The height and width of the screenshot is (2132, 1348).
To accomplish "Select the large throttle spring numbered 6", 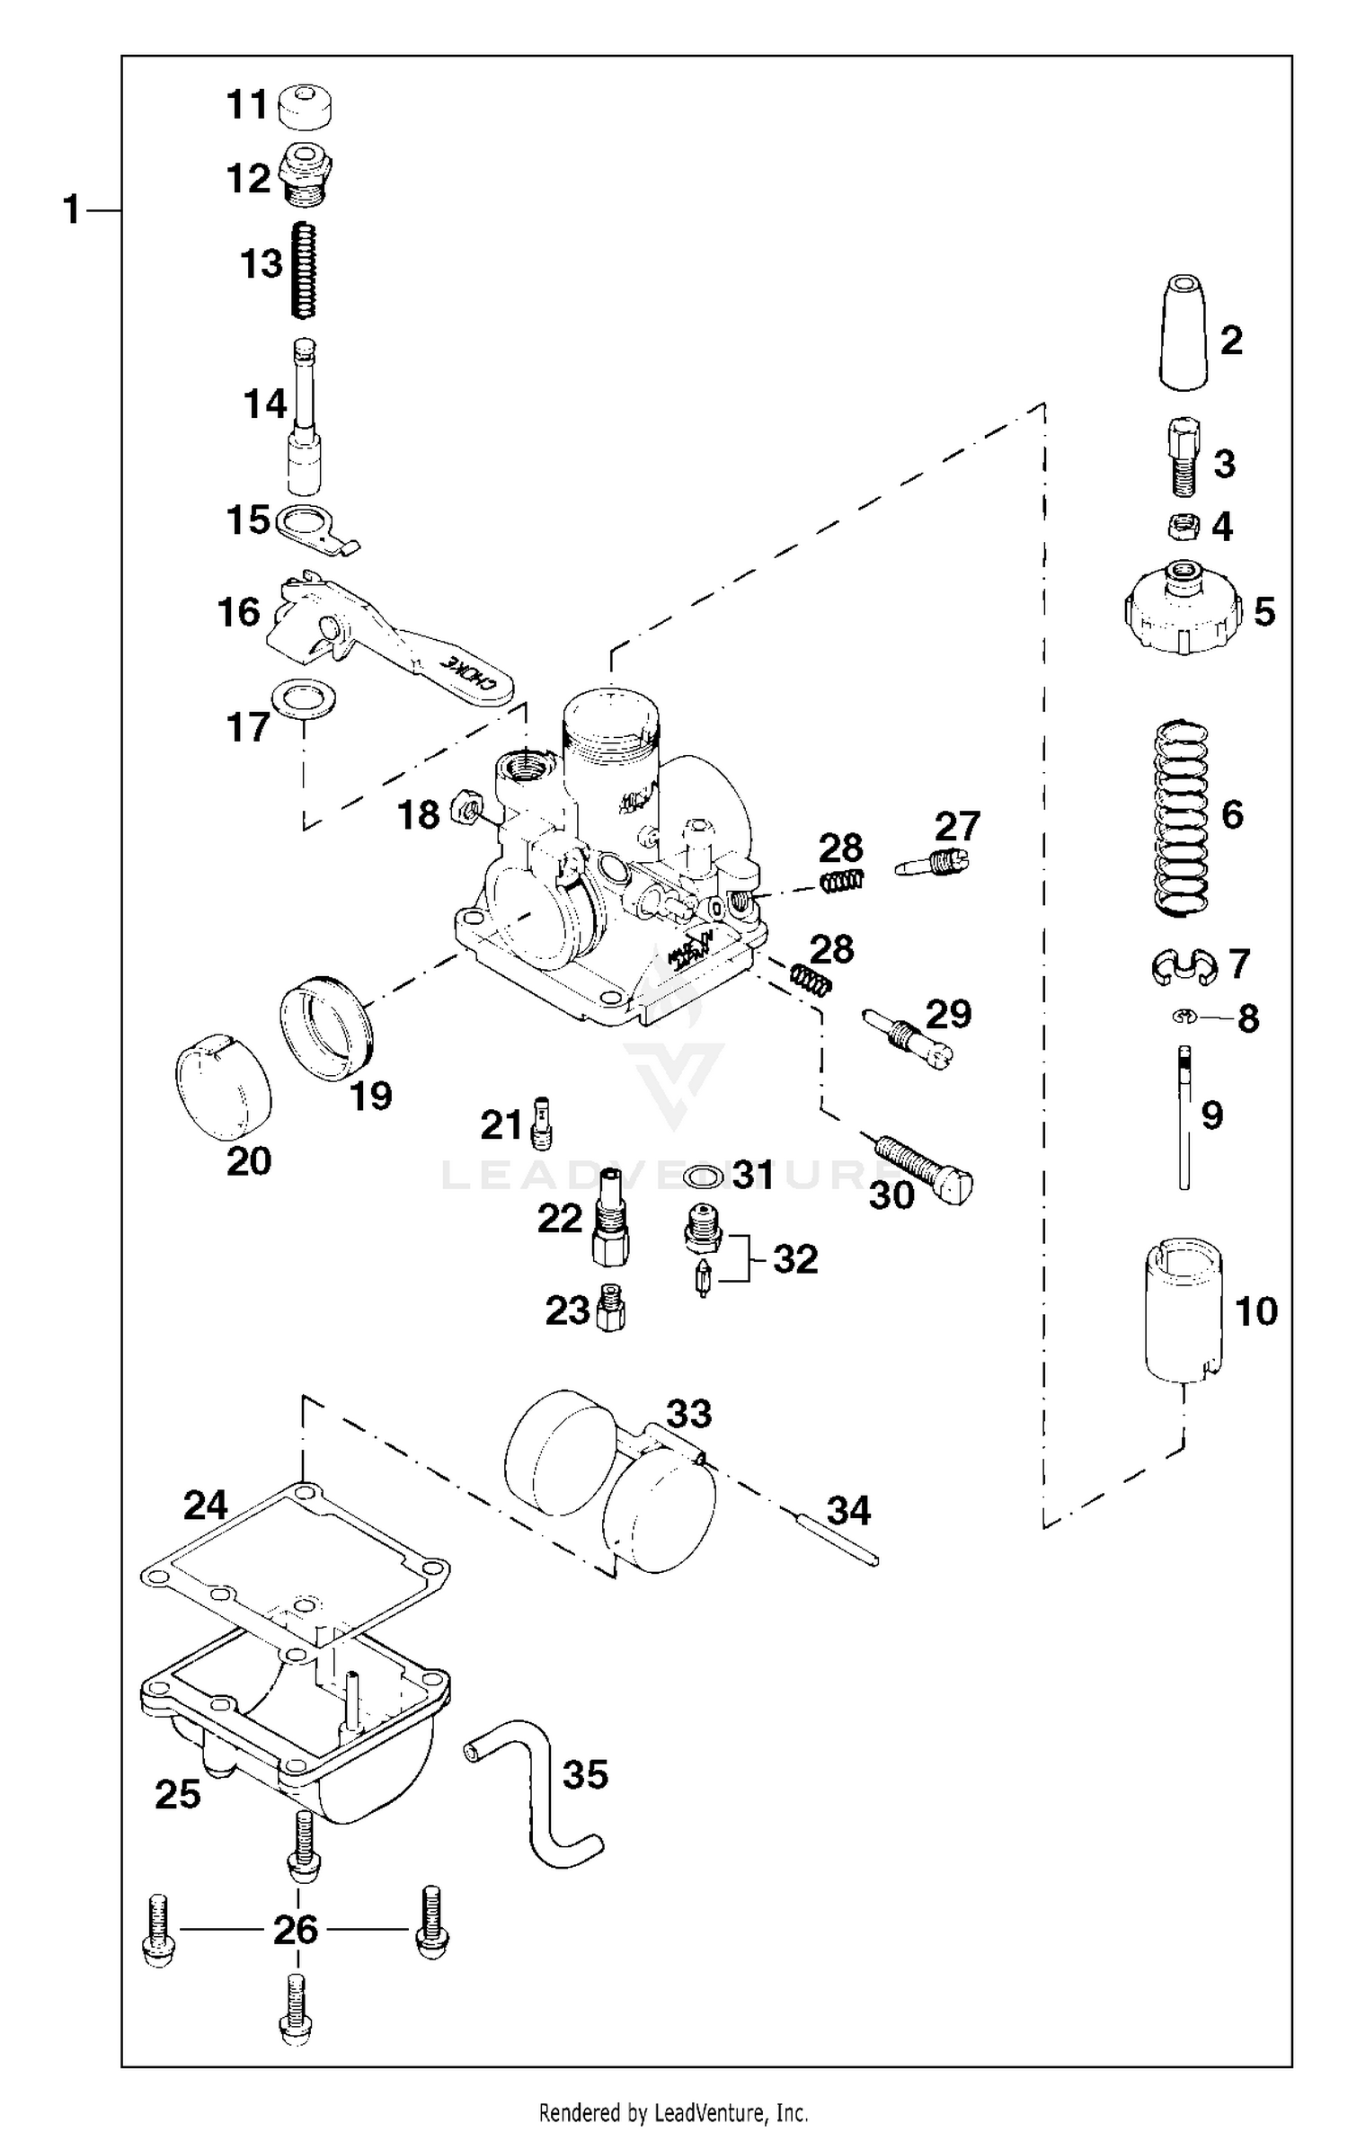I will pos(1180,817).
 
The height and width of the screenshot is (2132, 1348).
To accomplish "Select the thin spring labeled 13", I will pos(306,270).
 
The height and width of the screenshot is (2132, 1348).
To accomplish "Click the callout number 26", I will pos(296,1930).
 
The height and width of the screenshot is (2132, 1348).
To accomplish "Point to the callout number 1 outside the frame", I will pos(72,210).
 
